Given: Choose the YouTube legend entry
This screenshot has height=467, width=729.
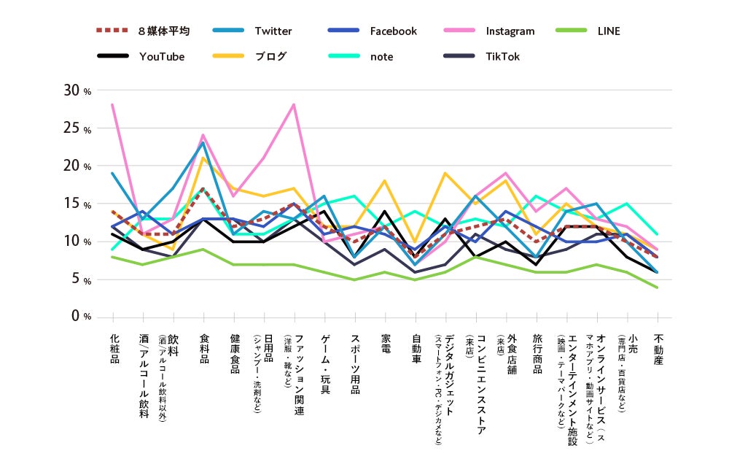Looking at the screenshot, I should (162, 57).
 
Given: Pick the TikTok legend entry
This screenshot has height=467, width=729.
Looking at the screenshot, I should (503, 57).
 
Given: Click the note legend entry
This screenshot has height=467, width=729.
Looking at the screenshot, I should (381, 57).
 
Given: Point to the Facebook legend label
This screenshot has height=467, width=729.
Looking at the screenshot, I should (393, 31).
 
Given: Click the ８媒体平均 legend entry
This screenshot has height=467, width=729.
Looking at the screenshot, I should (163, 31).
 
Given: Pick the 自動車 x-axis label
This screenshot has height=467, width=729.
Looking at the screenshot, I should (416, 349).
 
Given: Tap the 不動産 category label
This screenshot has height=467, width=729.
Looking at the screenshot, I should (658, 349).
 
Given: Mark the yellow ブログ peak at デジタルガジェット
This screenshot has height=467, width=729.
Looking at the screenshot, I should (446, 173).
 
